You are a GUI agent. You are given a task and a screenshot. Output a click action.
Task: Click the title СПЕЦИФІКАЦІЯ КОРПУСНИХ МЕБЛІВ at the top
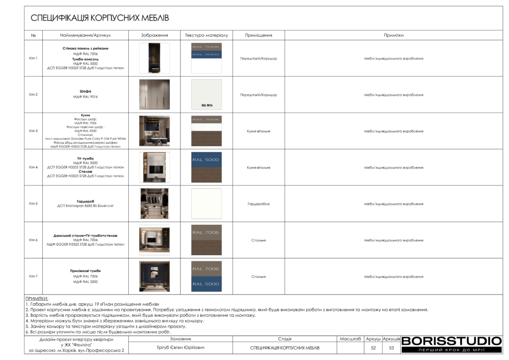(100, 18)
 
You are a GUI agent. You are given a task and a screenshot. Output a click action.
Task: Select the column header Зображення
(154, 35)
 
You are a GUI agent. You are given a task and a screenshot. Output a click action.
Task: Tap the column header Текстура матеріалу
(206, 35)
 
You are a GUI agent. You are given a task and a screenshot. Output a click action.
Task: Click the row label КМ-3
(33, 131)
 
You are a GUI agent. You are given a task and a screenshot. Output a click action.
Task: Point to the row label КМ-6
(33, 240)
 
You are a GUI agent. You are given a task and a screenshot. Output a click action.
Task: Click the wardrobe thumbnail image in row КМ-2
(154, 94)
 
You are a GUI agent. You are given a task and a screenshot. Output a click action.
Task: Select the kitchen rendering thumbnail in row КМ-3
(154, 131)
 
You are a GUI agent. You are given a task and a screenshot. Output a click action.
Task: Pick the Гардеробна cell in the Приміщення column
(258, 204)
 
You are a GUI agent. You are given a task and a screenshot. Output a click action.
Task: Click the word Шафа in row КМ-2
(85, 91)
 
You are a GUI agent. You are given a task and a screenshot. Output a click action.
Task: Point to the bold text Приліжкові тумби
(85, 271)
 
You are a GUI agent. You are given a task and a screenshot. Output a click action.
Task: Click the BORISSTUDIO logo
(451, 341)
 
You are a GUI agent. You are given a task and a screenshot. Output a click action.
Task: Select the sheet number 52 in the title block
(373, 348)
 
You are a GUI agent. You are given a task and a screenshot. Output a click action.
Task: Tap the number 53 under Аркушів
(391, 348)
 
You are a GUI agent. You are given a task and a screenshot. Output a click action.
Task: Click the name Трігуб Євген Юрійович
(180, 348)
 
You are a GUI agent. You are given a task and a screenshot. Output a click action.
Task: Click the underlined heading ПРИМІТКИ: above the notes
(37, 298)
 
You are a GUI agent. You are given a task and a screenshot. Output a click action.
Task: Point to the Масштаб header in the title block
(350, 339)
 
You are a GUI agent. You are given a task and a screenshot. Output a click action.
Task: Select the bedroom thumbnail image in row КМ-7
(154, 276)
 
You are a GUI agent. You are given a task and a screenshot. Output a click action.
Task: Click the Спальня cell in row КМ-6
(258, 240)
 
